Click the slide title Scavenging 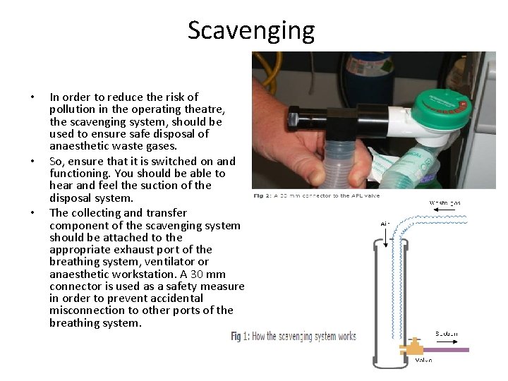click(250, 30)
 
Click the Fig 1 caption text click(294, 337)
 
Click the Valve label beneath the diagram click(423, 360)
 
